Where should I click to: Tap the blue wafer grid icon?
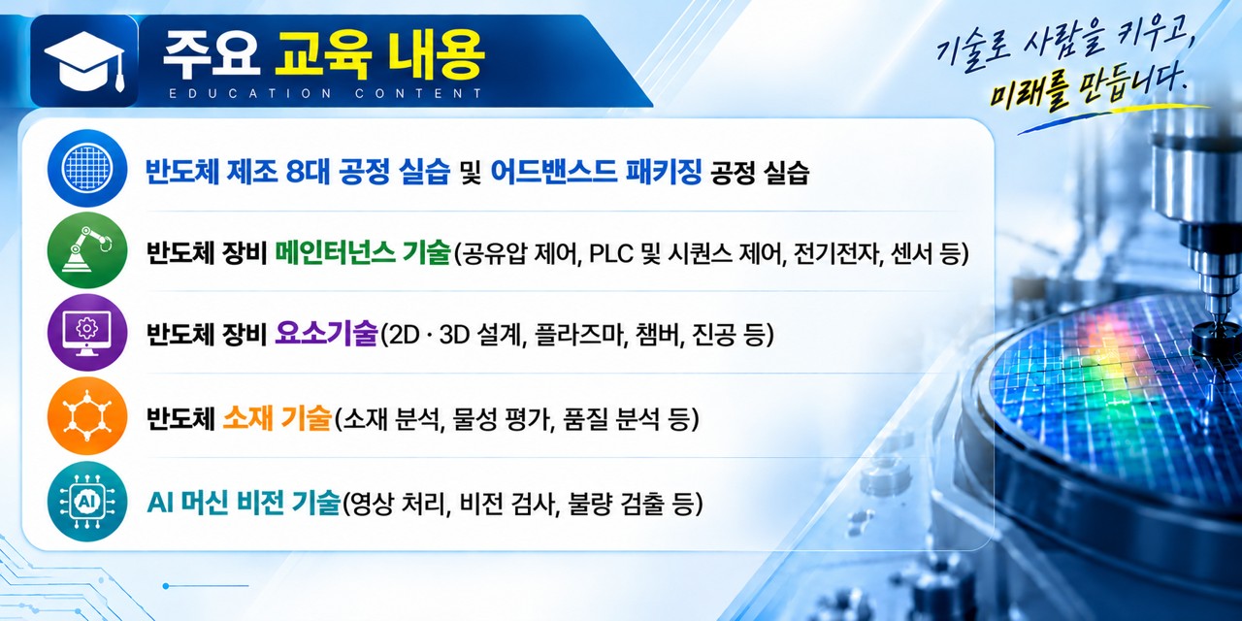tap(87, 168)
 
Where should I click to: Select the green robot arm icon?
tap(87, 250)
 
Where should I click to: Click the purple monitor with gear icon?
tap(87, 333)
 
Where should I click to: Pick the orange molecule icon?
tap(87, 416)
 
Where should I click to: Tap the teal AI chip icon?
tap(87, 502)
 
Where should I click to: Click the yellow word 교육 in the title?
tap(322, 55)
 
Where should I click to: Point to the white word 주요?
tap(212, 55)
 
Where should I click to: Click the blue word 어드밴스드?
tap(554, 171)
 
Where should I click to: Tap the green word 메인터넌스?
tap(335, 253)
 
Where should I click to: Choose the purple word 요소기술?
tap(326, 335)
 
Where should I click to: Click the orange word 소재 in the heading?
tap(247, 418)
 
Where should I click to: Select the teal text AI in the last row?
tap(158, 504)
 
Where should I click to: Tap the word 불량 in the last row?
tap(588, 504)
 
